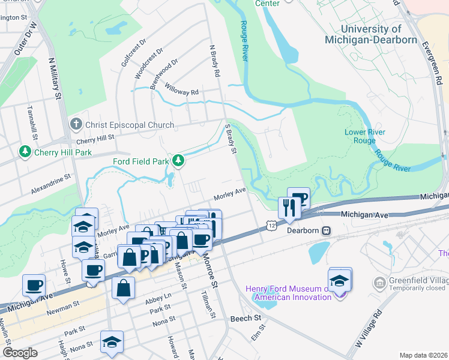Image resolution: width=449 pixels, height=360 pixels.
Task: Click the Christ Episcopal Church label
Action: tap(130, 125)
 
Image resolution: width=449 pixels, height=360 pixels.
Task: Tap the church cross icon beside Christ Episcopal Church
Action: tap(76, 125)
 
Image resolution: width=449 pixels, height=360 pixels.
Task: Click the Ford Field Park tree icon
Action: tap(178, 161)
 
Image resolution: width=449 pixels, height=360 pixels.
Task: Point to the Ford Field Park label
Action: tap(141, 161)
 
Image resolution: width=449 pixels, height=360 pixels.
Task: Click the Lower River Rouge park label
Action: tap(365, 136)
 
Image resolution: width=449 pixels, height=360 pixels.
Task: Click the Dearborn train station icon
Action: tap(327, 230)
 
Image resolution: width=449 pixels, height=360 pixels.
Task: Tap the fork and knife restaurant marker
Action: tap(290, 208)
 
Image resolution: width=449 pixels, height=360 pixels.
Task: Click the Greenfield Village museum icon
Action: tap(379, 282)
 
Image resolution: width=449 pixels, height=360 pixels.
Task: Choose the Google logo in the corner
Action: tap(20, 352)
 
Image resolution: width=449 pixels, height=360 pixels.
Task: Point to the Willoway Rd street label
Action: tap(181, 92)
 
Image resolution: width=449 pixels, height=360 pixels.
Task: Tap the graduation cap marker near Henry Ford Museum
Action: tap(340, 280)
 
